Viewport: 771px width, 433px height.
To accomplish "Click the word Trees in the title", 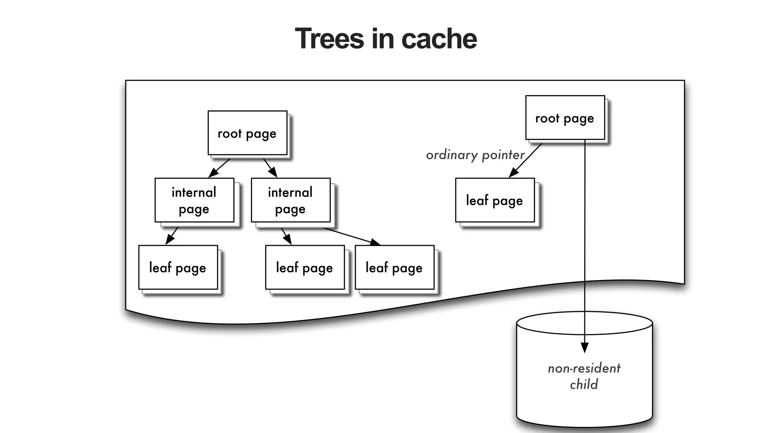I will tap(330, 39).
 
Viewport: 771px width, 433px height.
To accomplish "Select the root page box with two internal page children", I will tap(247, 133).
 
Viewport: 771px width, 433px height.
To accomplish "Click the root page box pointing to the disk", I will tap(565, 118).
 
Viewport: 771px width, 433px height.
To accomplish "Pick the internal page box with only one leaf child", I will tap(194, 200).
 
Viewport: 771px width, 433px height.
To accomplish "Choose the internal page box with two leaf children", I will tap(291, 200).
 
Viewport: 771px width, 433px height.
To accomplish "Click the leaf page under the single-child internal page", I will tap(178, 268).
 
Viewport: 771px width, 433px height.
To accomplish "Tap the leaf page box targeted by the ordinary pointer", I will tap(495, 200).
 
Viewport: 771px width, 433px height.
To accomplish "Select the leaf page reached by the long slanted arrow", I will tap(395, 268).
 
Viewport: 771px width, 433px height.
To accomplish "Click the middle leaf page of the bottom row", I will tap(305, 268).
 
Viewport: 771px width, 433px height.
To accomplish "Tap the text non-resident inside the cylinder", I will tap(584, 368).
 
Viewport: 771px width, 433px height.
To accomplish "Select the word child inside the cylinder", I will tap(584, 385).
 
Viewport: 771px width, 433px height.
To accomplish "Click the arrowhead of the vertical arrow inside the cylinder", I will tap(585, 348).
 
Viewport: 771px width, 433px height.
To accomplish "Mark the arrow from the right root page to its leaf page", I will tap(526, 160).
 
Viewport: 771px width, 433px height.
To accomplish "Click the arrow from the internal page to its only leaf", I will tap(172, 236).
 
